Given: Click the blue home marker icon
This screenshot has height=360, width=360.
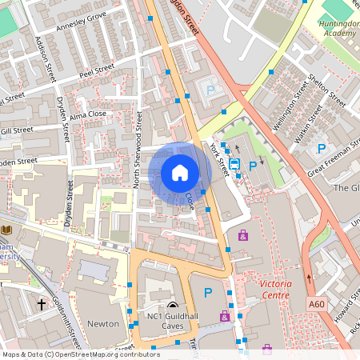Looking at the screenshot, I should (x=180, y=172).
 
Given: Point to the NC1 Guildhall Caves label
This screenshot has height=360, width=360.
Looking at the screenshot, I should (x=173, y=322).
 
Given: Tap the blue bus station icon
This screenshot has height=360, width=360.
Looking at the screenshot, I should (x=234, y=164).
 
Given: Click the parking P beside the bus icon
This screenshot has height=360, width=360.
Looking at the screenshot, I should (x=253, y=166).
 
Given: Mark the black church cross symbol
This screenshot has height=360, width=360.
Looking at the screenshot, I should (x=41, y=305).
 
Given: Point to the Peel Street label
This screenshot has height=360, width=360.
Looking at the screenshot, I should (x=98, y=72).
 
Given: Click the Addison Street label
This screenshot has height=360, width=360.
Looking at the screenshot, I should (x=42, y=56).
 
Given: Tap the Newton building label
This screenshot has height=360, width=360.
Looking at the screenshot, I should (x=102, y=324).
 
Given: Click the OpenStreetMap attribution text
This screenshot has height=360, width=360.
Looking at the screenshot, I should (x=80, y=354).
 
